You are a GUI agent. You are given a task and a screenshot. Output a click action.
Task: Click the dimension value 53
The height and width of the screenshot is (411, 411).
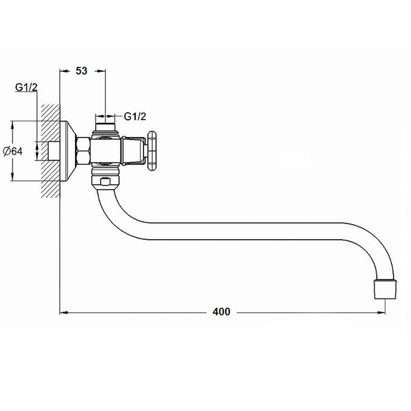(81, 71)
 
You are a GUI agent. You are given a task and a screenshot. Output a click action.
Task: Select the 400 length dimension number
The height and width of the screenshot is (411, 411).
(222, 312)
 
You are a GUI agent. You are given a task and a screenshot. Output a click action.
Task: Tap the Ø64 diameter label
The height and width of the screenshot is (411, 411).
(13, 151)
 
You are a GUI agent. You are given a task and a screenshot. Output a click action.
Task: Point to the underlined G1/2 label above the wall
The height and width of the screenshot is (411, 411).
(26, 87)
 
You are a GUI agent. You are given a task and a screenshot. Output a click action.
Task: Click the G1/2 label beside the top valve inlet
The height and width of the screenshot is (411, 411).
(135, 116)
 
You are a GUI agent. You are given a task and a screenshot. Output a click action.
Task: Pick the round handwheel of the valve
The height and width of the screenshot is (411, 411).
(152, 151)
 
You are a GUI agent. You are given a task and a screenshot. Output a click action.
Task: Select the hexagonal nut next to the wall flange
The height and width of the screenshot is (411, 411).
(83, 151)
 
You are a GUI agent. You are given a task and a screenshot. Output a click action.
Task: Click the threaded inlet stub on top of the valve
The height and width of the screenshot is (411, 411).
(105, 127)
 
